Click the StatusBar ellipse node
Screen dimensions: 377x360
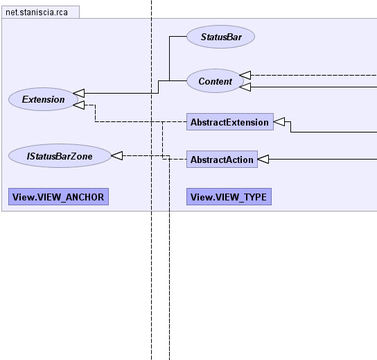(220, 37)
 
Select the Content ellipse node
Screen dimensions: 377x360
(216, 81)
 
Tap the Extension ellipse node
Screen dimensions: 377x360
(43, 99)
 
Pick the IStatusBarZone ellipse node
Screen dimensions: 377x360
(60, 156)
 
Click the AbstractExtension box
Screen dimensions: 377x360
(230, 122)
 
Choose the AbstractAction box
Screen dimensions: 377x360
(222, 160)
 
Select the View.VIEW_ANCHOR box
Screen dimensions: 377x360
(58, 197)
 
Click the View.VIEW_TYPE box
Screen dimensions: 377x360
(229, 197)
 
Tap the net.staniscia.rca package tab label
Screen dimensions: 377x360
(37, 12)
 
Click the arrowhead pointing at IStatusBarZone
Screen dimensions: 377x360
(117, 155)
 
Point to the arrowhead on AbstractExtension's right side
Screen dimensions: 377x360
(279, 122)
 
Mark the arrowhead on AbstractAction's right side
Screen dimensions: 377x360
(263, 159)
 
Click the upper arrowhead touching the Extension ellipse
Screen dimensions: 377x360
(79, 93)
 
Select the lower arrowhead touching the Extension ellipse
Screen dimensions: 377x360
(79, 105)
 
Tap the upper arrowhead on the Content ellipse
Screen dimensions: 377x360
(245, 75)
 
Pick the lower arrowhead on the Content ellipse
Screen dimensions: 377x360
(245, 87)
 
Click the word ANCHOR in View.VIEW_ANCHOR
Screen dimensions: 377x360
(85, 197)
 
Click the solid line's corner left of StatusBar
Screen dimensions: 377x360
(170, 37)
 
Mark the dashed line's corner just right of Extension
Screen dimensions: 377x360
(95, 105)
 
